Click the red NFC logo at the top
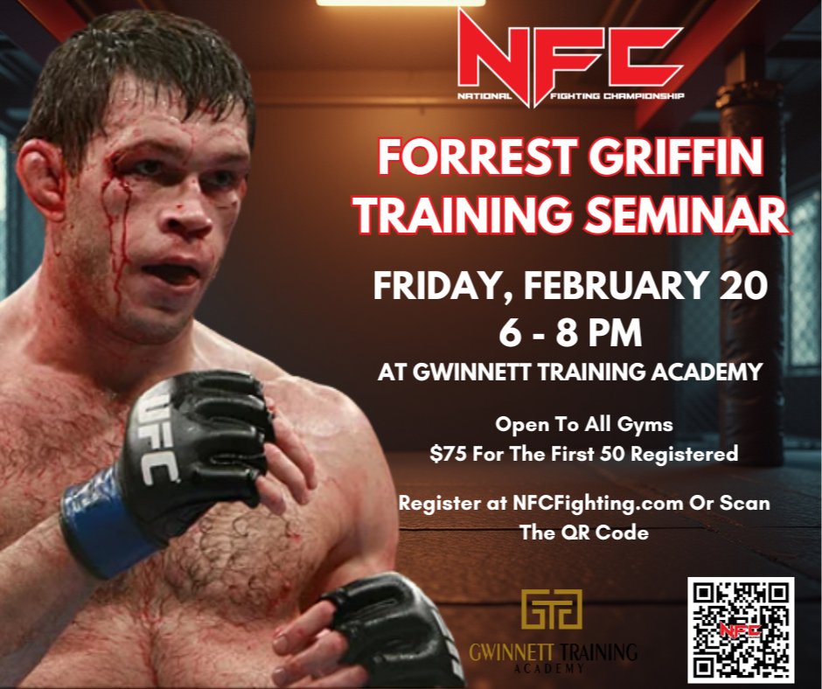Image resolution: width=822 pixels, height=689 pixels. [569, 56]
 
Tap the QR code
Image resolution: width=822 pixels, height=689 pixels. [740, 630]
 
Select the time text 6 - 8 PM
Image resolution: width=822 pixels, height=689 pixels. [569, 333]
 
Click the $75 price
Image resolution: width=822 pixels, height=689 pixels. [449, 454]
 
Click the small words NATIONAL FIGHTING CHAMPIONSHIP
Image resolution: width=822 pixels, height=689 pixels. [569, 96]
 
